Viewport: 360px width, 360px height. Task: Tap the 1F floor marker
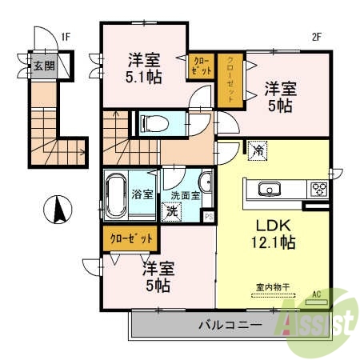click(66, 36)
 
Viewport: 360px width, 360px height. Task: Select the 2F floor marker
click(316, 36)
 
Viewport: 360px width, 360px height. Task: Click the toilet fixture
click(154, 122)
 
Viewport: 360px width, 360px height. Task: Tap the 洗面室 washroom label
click(183, 195)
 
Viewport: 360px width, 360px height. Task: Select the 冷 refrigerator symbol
click(258, 150)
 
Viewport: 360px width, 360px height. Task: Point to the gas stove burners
click(318, 190)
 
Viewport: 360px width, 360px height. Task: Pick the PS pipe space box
click(209, 216)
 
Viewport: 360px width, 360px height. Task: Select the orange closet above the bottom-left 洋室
click(130, 238)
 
